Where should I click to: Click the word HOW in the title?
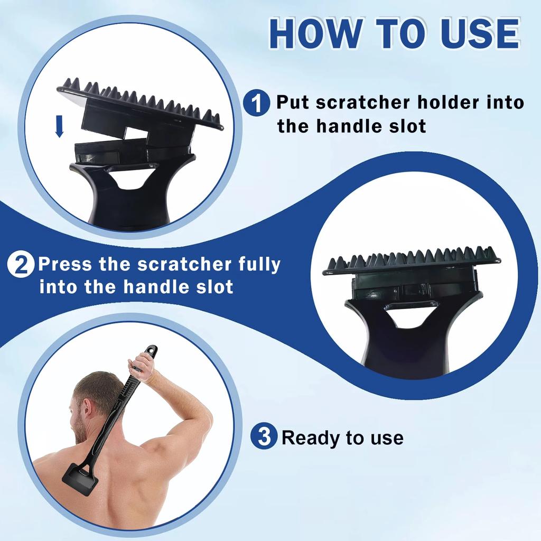[x=316, y=33]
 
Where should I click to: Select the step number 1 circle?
[x=256, y=102]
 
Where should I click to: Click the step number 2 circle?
[x=21, y=265]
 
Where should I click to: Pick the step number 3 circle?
[x=264, y=437]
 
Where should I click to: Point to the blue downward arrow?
[x=59, y=126]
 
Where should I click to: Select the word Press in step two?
[x=65, y=265]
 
